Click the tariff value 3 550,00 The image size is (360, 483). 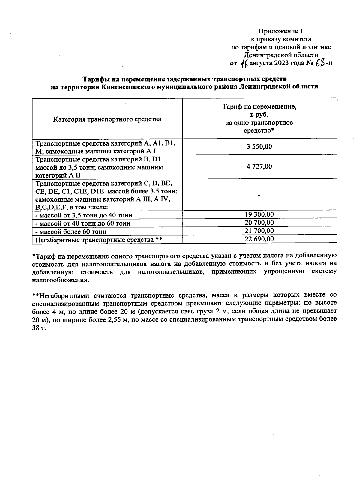click(x=259, y=146)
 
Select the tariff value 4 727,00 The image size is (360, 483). click(x=259, y=166)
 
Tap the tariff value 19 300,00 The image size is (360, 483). click(x=259, y=214)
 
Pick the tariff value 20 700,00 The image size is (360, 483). click(x=259, y=223)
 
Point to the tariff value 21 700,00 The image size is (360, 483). click(x=259, y=231)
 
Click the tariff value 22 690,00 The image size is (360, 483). click(x=259, y=239)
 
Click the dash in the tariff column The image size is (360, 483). click(x=259, y=195)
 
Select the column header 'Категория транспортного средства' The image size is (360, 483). click(x=107, y=119)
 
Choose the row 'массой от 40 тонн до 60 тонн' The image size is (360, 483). click(x=83, y=223)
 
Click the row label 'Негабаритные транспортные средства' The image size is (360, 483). click(x=95, y=240)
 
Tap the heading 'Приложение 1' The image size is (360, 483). click(x=281, y=31)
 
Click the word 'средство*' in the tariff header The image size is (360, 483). click(x=259, y=130)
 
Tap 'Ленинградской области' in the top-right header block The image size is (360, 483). click(x=281, y=55)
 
